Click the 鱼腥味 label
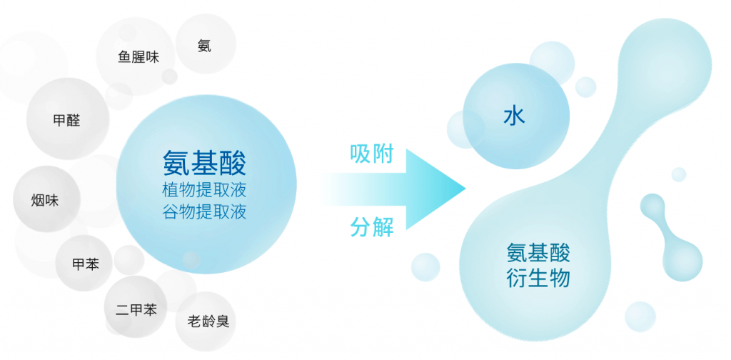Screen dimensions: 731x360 (138, 57)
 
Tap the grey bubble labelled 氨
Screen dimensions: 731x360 (206, 44)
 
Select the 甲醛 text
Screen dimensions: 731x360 (66, 121)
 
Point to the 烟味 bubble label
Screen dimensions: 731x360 (45, 201)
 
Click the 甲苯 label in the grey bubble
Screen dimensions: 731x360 (86, 264)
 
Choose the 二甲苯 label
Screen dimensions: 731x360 (136, 309)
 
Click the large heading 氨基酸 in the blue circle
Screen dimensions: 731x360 (204, 163)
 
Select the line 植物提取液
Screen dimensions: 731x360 (204, 191)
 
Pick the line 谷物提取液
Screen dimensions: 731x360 (204, 212)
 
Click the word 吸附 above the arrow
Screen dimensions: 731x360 (371, 154)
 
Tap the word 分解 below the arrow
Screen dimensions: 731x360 (371, 227)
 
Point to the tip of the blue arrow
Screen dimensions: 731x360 (465, 189)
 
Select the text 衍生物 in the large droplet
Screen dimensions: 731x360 (538, 279)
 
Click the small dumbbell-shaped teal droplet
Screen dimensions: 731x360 (671, 237)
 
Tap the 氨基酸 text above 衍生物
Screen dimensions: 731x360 (538, 254)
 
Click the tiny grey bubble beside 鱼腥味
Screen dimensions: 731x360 (169, 76)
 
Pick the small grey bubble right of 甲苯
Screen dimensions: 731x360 (129, 260)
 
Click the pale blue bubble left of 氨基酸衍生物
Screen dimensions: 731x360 (425, 267)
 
